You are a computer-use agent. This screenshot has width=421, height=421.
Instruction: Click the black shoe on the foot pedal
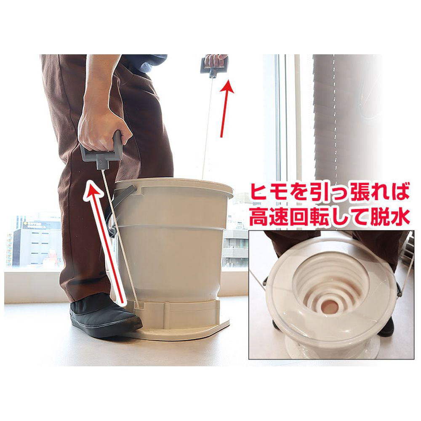tap(105, 317)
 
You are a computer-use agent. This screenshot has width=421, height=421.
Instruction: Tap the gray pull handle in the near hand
tap(101, 153)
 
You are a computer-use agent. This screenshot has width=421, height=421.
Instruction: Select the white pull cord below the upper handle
tap(208, 127)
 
